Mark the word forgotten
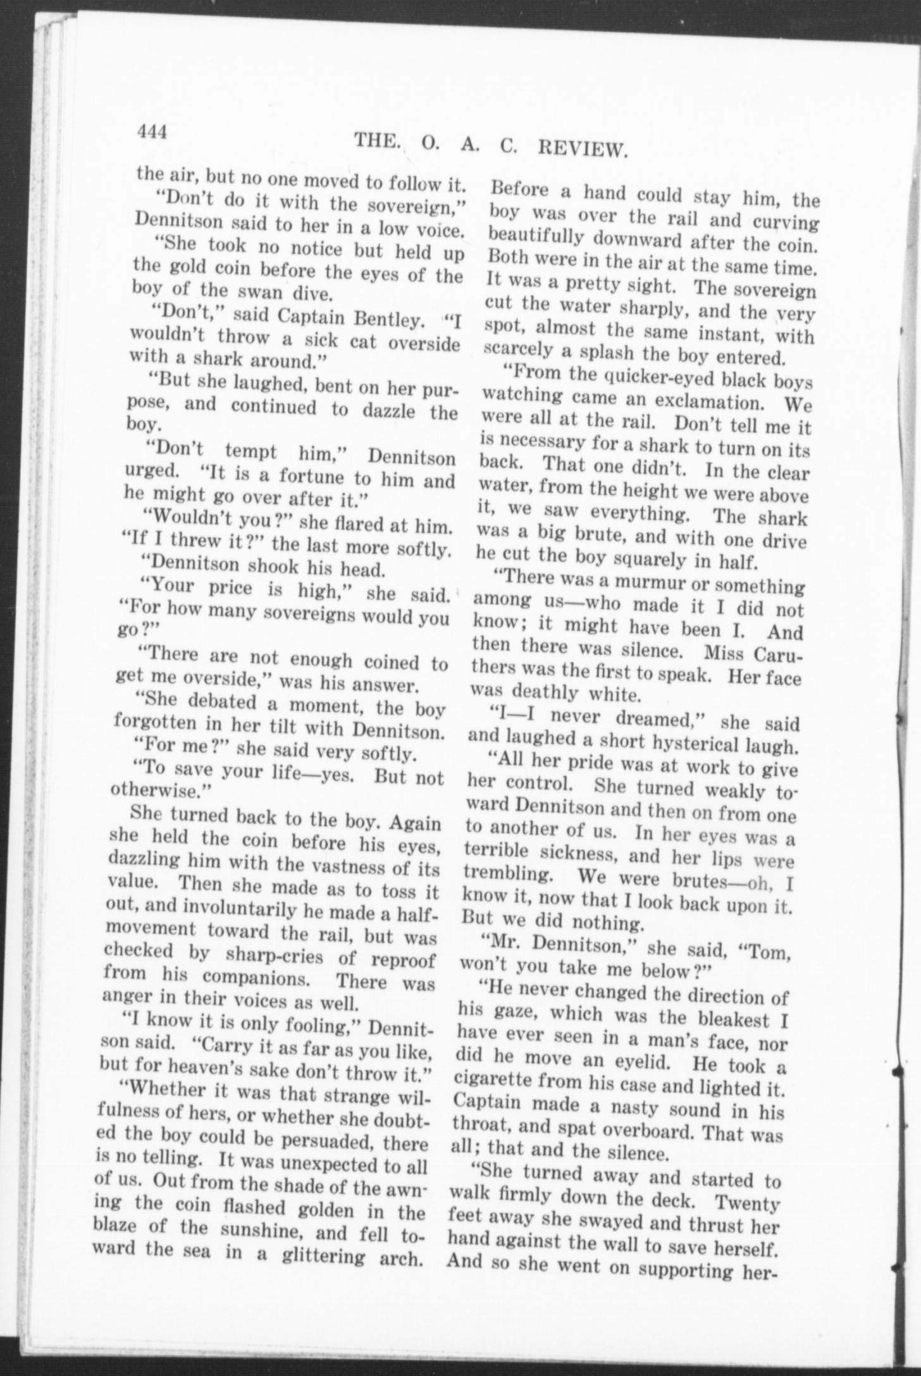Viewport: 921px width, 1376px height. [154, 723]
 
